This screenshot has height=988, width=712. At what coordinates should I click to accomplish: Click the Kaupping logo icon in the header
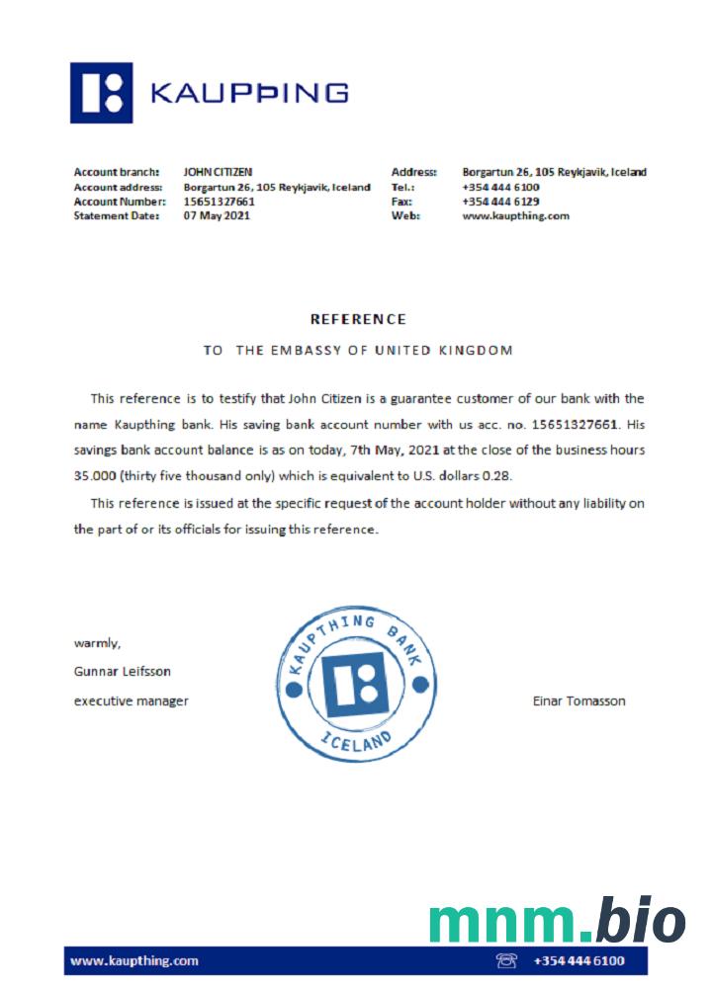point(101,93)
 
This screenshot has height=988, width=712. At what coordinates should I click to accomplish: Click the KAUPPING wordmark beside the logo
point(248,93)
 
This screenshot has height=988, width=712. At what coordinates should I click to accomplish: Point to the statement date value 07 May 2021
point(217,216)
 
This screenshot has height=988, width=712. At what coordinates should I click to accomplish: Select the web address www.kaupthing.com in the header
point(515,216)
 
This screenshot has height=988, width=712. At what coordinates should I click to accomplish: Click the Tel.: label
point(402,187)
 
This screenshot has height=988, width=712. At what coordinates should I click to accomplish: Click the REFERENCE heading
point(358,319)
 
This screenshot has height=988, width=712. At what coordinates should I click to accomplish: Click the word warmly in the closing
point(98,643)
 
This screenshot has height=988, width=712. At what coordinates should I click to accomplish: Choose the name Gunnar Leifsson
point(122,672)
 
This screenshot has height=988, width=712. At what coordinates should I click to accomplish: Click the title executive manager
point(131,701)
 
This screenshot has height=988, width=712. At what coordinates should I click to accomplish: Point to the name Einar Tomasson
point(578,701)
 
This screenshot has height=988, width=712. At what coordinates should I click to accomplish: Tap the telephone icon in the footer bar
point(506,960)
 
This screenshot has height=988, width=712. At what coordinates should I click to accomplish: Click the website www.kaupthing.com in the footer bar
point(134,960)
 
